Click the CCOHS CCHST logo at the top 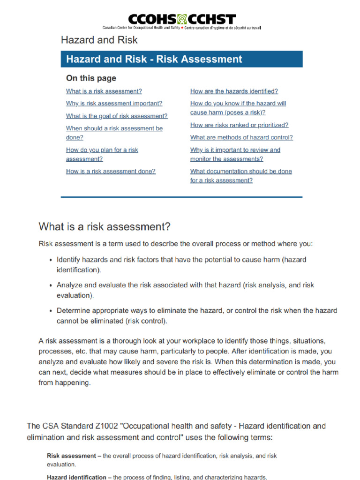coord(181,20)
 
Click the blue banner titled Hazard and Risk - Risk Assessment coord(181,59)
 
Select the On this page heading coord(91,78)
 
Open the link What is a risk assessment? coord(104,91)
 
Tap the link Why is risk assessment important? coord(114,104)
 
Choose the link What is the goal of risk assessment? coord(116,116)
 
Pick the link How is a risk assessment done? coord(111,172)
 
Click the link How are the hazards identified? coord(234,91)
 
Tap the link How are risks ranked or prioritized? coord(239,125)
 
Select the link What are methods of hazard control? coord(241,137)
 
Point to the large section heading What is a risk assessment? coord(105,227)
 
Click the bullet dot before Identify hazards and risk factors coord(51,260)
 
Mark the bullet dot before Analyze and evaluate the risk coord(51,285)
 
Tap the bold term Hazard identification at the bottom coord(76,477)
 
